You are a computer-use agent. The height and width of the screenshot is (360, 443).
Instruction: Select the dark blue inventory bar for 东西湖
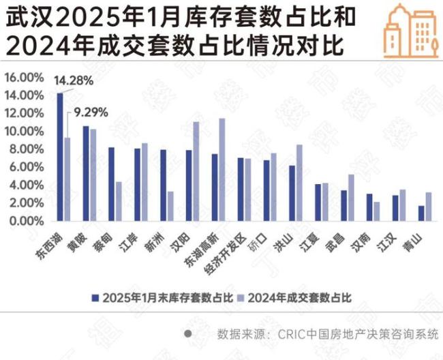60,157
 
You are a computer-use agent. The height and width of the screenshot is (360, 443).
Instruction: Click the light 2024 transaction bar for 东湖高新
221,170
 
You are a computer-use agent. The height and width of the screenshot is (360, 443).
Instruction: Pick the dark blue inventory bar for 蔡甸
112,184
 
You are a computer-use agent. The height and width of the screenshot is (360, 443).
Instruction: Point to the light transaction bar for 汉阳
196,171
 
